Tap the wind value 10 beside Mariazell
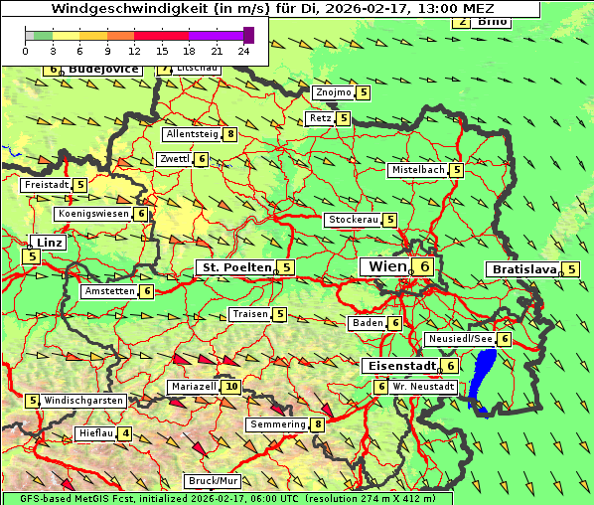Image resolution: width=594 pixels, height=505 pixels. point(231,387)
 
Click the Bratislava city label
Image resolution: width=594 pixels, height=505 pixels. point(523,269)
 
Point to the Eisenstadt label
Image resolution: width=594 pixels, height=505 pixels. point(398,366)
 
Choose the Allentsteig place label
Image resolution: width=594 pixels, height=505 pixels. point(192,134)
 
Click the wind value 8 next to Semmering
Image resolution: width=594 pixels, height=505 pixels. point(318,425)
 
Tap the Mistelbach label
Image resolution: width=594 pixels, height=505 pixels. point(417,170)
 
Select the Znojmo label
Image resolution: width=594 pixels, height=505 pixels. point(332,92)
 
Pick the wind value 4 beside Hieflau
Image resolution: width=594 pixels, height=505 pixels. point(125,433)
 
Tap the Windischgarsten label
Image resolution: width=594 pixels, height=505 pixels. point(84,401)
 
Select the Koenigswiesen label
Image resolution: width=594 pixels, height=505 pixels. point(93,214)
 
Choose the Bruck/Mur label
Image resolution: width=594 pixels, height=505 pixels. point(214,481)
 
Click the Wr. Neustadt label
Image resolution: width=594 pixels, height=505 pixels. point(424,386)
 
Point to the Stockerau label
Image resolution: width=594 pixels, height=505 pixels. point(353,220)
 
